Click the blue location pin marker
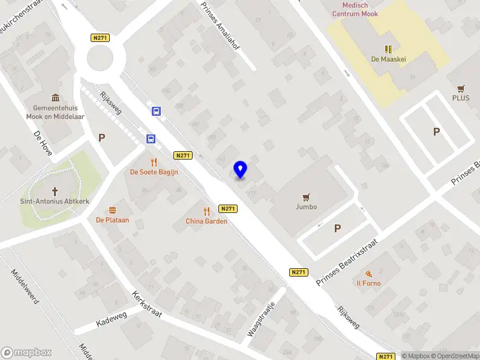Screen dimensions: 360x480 click(x=241, y=169)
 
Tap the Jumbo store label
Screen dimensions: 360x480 click(x=306, y=207)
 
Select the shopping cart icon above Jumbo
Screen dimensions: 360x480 click(x=307, y=197)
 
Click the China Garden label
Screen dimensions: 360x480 click(x=206, y=221)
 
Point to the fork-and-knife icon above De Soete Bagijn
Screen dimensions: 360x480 click(x=154, y=161)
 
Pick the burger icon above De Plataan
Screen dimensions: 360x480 click(x=112, y=210)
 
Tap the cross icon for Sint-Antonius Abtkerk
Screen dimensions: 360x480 click(x=55, y=191)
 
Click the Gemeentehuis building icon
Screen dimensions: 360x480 click(x=55, y=98)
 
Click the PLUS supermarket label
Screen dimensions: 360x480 click(x=461, y=98)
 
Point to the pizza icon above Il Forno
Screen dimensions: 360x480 click(x=368, y=274)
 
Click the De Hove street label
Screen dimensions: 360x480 click(x=43, y=143)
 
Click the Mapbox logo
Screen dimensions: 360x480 click(x=26, y=353)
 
